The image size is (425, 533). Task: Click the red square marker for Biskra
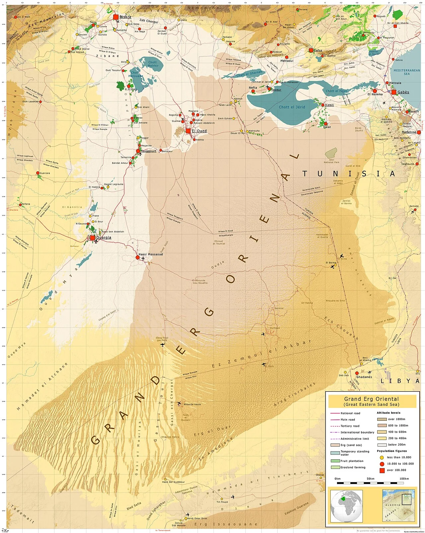point(116,17)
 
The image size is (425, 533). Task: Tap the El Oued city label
point(199,131)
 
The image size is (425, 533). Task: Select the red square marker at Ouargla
point(93,238)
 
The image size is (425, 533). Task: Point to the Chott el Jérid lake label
point(292,107)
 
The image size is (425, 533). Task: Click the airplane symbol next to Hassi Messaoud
point(143,258)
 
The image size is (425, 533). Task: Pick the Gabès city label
point(403,92)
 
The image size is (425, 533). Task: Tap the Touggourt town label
point(148,151)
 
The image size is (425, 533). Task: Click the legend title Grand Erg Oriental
point(371,399)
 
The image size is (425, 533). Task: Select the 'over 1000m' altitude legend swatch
point(382,419)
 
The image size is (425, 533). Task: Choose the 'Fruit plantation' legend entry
point(352,461)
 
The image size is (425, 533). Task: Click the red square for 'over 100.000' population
point(382,470)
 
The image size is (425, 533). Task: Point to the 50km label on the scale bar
point(370,479)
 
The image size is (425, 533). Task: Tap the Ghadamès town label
point(364,377)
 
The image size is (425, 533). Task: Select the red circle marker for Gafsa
point(311,50)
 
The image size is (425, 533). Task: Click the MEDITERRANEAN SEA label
point(406,72)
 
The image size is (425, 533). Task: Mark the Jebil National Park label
point(331,161)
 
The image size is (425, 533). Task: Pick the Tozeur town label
point(276,90)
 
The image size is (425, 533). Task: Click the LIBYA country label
point(400,381)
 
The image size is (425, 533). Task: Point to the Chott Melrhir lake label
point(153,64)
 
